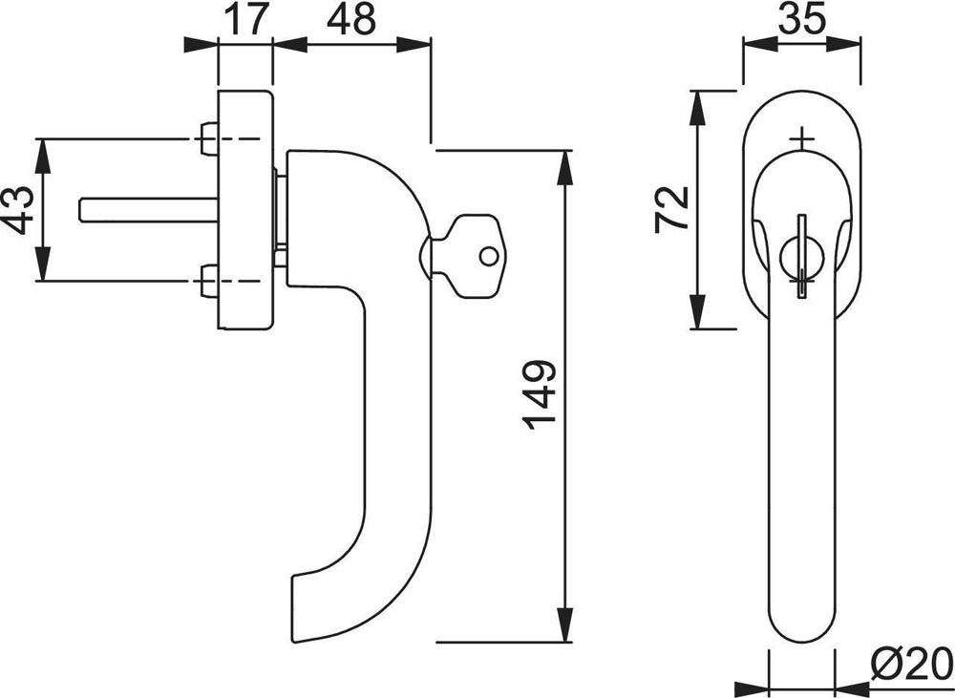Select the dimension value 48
click(x=351, y=19)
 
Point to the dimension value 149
click(x=539, y=395)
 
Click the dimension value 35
click(x=801, y=17)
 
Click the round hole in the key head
click(x=488, y=257)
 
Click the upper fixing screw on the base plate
click(x=209, y=138)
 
